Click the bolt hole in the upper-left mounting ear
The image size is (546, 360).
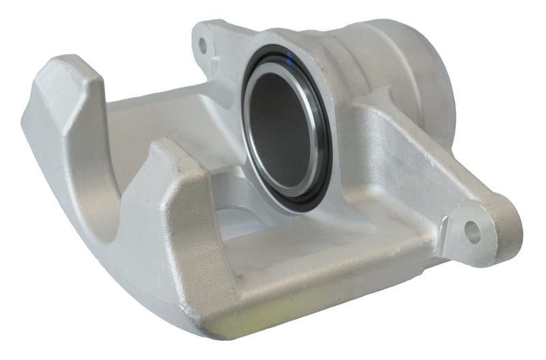(203, 46)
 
